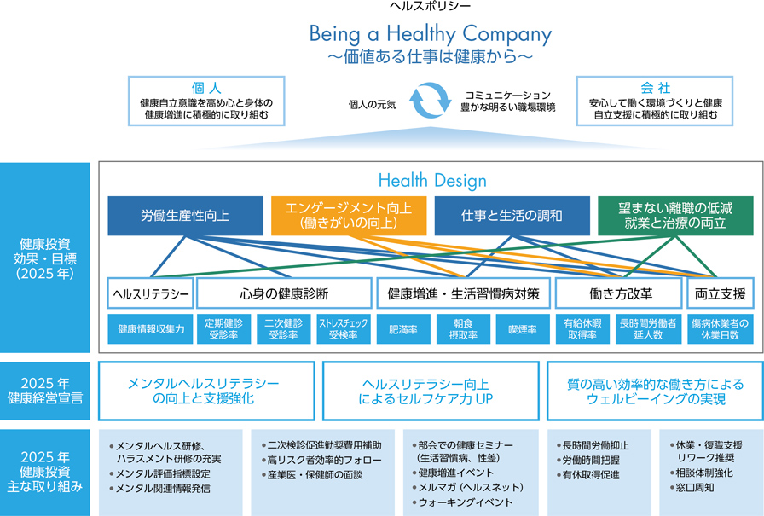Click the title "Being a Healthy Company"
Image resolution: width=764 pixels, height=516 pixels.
(x=430, y=35)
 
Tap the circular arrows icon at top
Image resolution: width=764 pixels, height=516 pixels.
(x=430, y=100)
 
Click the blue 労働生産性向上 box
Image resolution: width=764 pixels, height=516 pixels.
(x=185, y=216)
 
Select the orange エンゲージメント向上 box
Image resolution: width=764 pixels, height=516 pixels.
(x=348, y=216)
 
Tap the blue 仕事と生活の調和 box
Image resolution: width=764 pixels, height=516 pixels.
(x=512, y=216)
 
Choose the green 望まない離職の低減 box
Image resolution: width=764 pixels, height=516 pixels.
(x=675, y=216)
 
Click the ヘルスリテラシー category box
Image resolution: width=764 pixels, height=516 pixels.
(x=150, y=294)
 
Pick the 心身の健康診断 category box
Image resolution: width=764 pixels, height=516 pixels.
(x=284, y=294)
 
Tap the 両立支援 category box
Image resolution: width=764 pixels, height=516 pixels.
(x=721, y=294)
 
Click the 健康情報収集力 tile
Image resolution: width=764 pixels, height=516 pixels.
(x=150, y=329)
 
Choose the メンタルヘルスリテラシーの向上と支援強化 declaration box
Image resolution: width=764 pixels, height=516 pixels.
(x=207, y=391)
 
